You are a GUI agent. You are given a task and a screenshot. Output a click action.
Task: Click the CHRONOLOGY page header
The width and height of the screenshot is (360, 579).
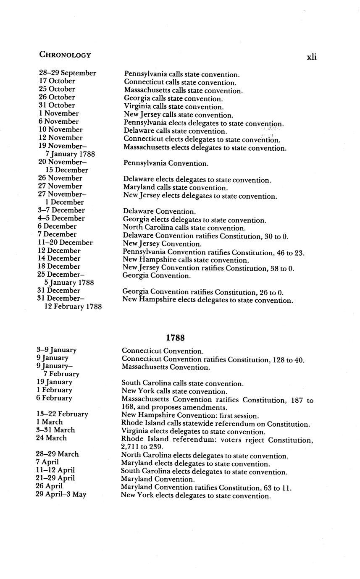[x=65, y=55]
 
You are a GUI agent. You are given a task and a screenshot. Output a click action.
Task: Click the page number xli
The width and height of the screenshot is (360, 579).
[x=311, y=57]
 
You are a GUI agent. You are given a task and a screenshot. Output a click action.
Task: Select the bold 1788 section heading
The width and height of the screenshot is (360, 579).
[x=175, y=338]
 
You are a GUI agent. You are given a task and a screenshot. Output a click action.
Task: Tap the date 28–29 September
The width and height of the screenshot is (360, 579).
[x=68, y=73]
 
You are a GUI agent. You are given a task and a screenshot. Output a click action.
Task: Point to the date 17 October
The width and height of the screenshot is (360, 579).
[x=57, y=81]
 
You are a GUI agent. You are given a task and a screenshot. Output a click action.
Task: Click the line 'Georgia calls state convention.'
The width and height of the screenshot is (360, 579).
[x=173, y=99]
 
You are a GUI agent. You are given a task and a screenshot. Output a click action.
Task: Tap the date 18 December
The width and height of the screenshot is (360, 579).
[x=59, y=267]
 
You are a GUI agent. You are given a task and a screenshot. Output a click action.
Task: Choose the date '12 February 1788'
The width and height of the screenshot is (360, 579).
[x=73, y=307]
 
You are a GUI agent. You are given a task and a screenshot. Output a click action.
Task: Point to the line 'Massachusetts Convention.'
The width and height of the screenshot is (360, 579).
[x=166, y=367]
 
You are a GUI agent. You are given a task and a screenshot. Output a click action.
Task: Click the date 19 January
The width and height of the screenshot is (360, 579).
[x=54, y=382]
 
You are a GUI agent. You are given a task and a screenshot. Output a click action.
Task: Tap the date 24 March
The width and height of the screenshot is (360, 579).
[x=51, y=438]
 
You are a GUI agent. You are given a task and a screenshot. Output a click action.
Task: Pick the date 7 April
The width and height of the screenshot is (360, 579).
[x=47, y=462]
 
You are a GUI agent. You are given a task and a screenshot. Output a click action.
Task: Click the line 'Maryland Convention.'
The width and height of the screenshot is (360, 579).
[x=158, y=479]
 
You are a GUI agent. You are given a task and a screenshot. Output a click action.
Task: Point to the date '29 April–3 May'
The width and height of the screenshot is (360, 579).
[x=61, y=495]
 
